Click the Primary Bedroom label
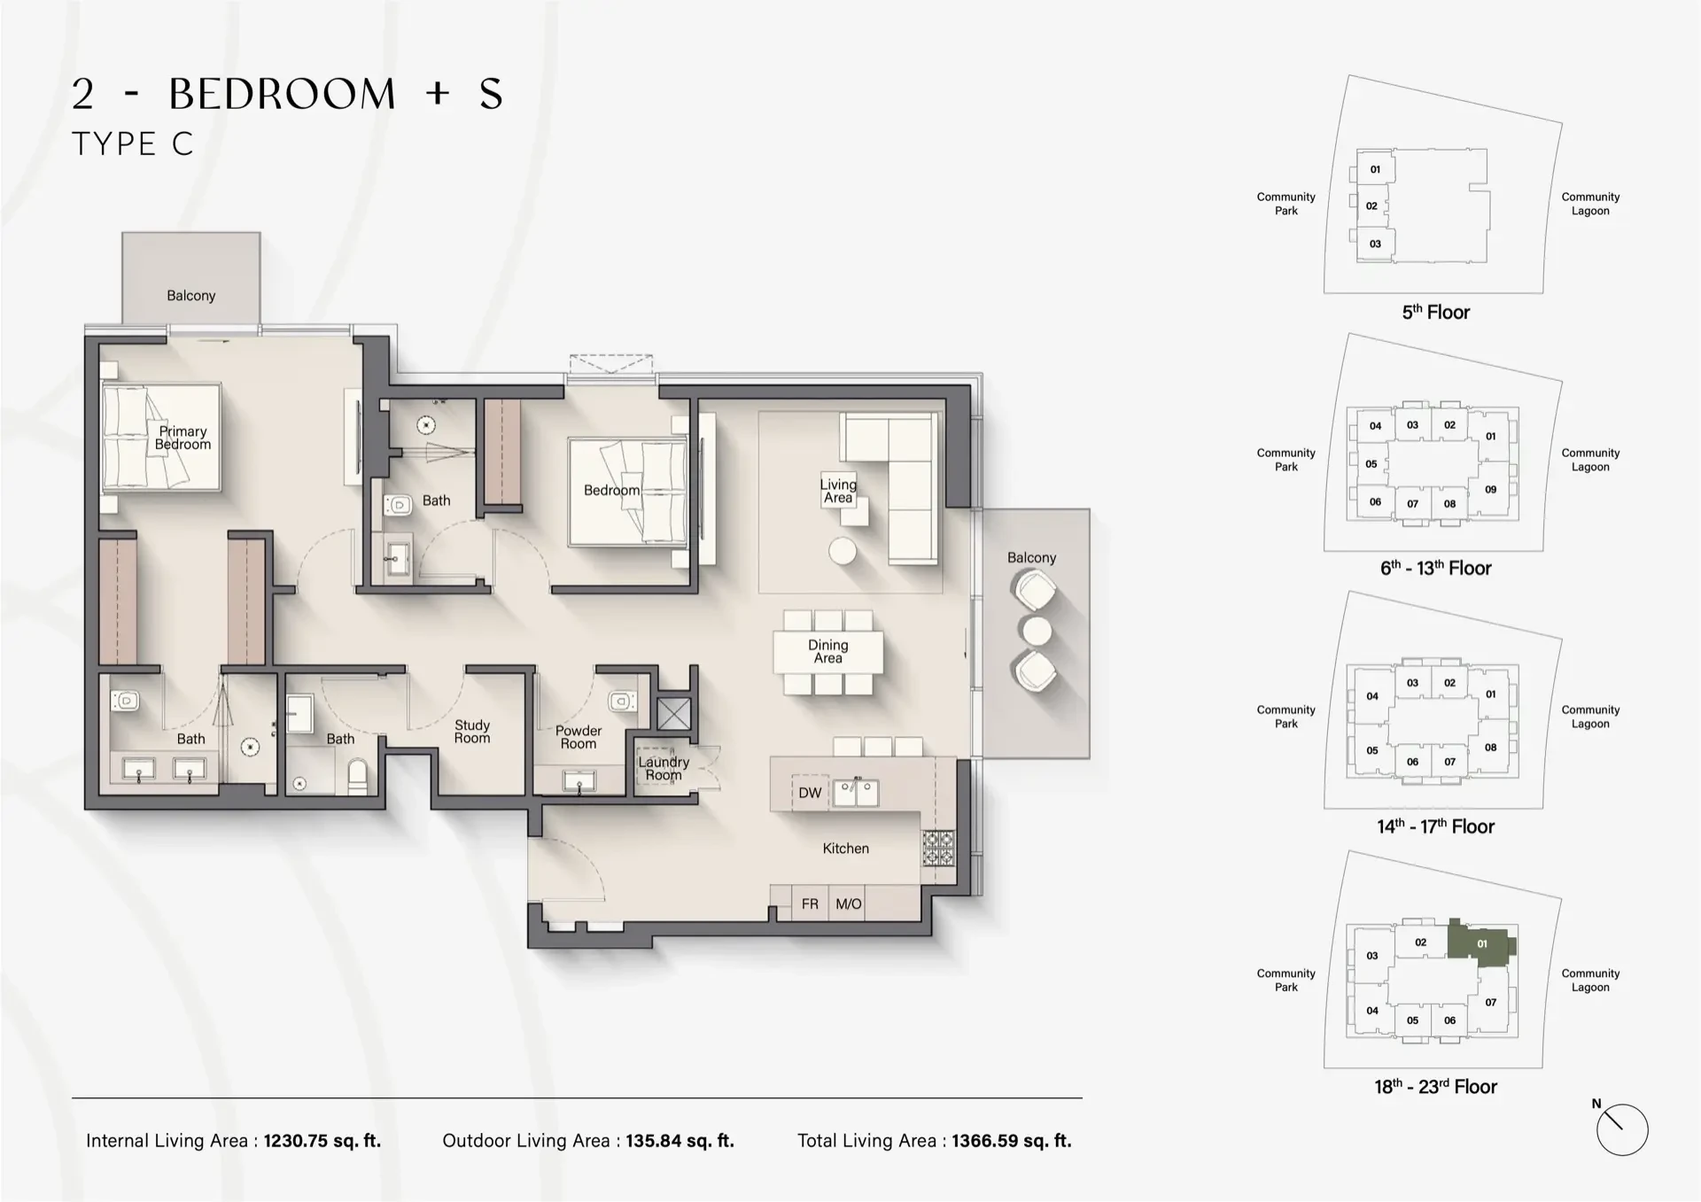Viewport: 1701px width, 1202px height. coord(183,438)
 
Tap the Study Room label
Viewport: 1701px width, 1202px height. coord(472,732)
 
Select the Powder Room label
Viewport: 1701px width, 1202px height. coord(579,737)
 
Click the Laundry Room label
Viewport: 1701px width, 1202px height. coord(664,768)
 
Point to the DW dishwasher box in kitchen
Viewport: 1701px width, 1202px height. coord(810,793)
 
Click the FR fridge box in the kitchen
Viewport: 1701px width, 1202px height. coord(810,903)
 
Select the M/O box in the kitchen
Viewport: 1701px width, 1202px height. coord(848,903)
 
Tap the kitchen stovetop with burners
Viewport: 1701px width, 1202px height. coord(938,848)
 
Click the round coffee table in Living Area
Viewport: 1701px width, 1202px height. coord(843,551)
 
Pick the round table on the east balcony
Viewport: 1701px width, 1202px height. coord(1036,631)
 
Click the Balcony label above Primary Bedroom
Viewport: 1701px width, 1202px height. coord(191,295)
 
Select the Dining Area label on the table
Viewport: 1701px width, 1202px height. coord(827,651)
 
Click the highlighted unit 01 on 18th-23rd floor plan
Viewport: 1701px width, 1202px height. coord(1481,943)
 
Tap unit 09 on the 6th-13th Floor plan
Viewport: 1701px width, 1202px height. coord(1490,489)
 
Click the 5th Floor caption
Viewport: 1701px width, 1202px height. coord(1435,312)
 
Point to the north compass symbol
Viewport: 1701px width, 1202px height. coord(1621,1129)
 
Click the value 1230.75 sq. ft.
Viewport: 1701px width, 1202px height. coord(322,1141)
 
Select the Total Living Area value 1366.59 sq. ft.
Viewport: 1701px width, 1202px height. coord(1011,1141)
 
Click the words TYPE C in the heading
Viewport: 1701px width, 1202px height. coord(133,143)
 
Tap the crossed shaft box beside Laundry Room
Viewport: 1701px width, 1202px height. coord(673,713)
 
